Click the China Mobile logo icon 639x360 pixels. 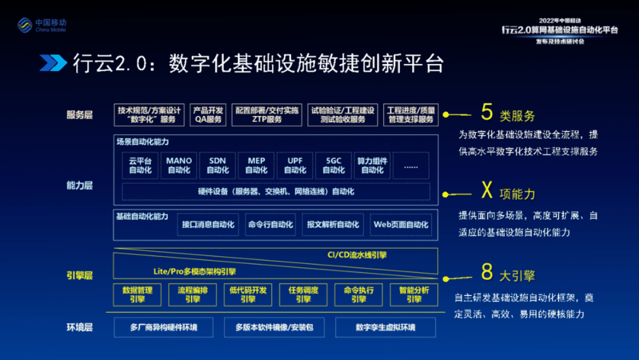coord(24,25)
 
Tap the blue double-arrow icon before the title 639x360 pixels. coord(53,63)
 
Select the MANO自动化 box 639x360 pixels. coord(179,165)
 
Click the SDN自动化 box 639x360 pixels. coord(217,165)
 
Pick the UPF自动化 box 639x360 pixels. coord(295,165)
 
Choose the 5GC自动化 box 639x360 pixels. coord(333,165)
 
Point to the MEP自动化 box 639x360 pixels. coord(256,165)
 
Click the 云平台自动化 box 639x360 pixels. coord(140,165)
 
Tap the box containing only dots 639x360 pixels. coord(411,165)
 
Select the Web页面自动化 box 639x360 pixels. coord(401,225)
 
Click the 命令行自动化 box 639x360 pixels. coord(270,225)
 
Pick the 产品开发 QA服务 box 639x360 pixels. coord(208,115)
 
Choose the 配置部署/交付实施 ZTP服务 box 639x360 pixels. coord(267,115)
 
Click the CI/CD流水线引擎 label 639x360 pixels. coord(357,255)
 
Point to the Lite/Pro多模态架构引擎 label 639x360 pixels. coord(194,271)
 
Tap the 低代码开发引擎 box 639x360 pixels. coord(248,295)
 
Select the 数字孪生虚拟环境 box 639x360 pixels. coord(385,327)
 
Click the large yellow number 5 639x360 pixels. coord(486,112)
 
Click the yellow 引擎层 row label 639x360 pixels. coord(79,276)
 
